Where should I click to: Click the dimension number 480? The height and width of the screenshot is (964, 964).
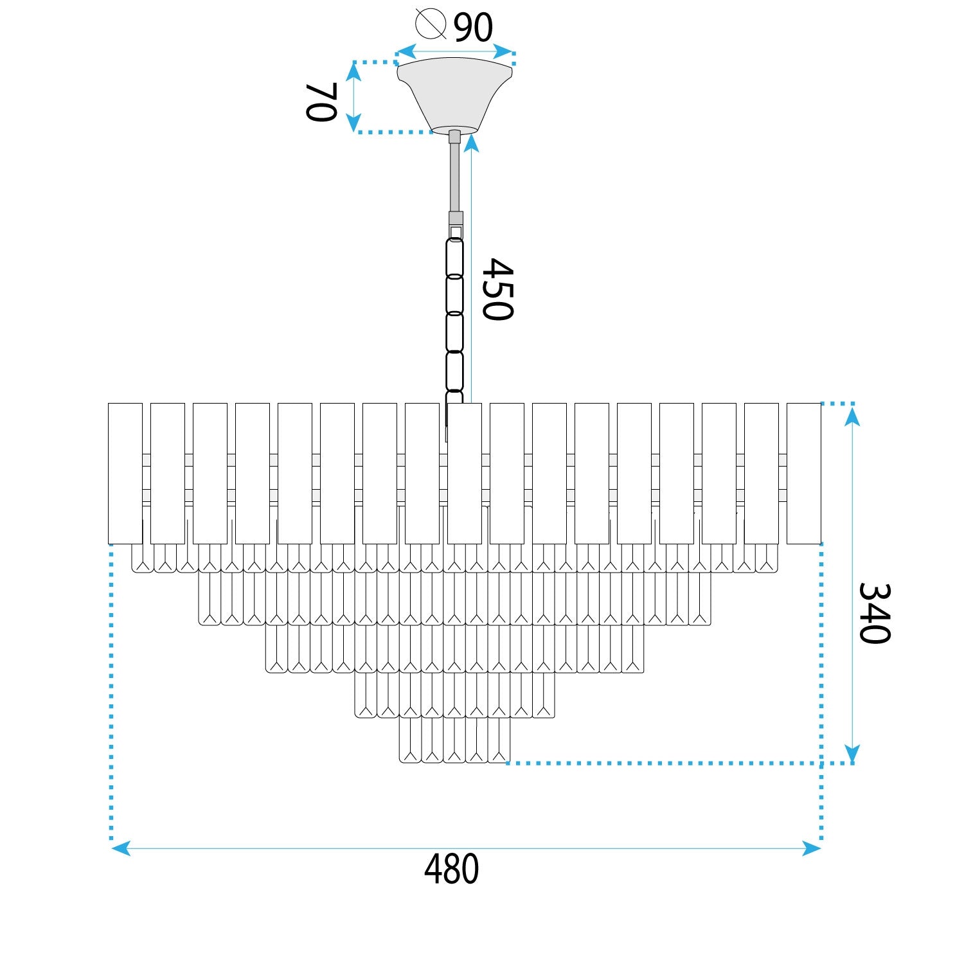pos(451,869)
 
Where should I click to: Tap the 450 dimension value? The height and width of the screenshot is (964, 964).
pos(498,289)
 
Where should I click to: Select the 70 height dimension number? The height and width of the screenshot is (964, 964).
pos(321,102)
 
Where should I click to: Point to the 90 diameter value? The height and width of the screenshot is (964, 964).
pos(474,27)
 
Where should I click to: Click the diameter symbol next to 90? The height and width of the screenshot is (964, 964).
pos(431,23)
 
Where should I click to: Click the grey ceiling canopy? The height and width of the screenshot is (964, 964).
pos(455,95)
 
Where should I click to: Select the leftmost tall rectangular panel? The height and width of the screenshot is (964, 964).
pos(125,474)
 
